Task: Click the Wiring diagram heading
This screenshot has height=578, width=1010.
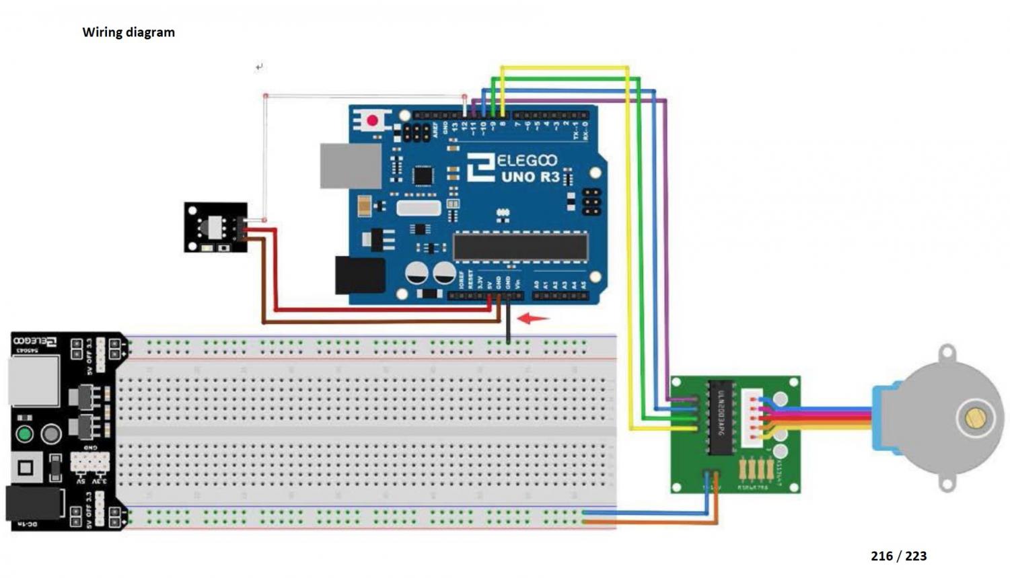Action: [129, 32]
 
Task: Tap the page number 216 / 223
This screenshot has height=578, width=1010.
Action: [898, 556]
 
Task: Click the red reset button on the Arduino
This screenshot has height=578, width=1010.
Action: [372, 121]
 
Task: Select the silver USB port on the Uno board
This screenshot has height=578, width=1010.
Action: [350, 165]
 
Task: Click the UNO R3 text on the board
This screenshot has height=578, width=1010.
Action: [530, 177]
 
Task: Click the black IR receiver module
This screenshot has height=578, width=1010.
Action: [215, 228]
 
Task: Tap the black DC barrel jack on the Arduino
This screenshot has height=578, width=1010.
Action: [359, 275]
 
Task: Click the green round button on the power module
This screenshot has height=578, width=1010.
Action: [24, 433]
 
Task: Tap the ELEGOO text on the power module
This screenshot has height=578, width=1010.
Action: [35, 342]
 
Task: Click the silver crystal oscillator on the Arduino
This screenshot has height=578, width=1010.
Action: [418, 208]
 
